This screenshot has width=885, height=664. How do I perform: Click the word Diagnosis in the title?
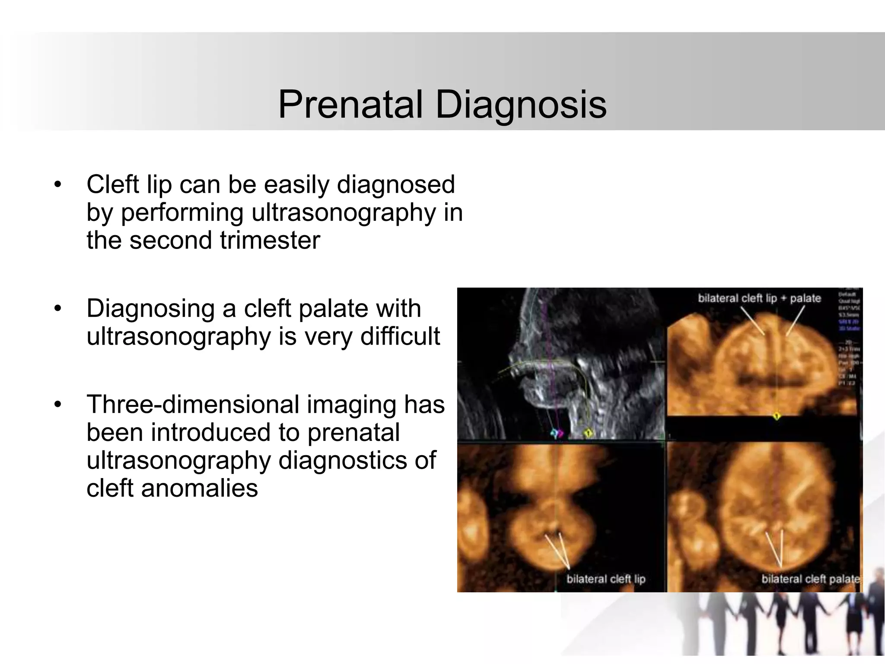click(x=521, y=105)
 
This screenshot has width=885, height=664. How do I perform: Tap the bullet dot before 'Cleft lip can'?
click(x=58, y=185)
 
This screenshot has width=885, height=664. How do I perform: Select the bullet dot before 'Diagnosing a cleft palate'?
click(x=58, y=309)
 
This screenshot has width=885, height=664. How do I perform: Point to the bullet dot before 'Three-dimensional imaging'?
click(x=58, y=405)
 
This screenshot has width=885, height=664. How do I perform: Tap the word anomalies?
click(x=199, y=488)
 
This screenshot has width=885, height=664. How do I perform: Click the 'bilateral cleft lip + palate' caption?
click(x=759, y=298)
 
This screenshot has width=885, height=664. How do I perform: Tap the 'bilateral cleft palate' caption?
click(x=810, y=579)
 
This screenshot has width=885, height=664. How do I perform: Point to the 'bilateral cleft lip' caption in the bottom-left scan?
click(x=606, y=579)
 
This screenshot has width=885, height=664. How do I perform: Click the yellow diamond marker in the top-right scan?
click(x=776, y=416)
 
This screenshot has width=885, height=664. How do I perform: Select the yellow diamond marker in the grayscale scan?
click(x=588, y=433)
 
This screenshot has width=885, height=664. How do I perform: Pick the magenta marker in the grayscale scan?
click(x=560, y=433)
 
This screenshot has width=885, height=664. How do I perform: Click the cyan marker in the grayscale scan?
click(x=554, y=433)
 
